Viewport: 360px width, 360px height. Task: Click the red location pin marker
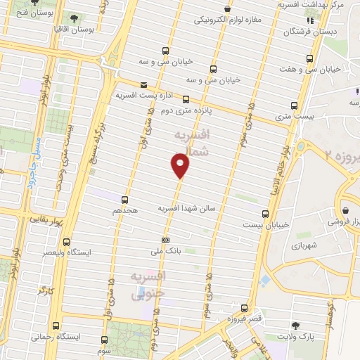(x=181, y=165)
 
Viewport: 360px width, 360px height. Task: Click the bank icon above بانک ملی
(x=165, y=240)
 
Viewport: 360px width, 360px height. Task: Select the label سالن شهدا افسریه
(x=186, y=209)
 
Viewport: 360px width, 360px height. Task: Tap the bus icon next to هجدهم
(x=124, y=200)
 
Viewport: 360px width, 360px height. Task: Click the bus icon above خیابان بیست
(x=265, y=213)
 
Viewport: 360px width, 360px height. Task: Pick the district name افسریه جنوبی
(x=149, y=285)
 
